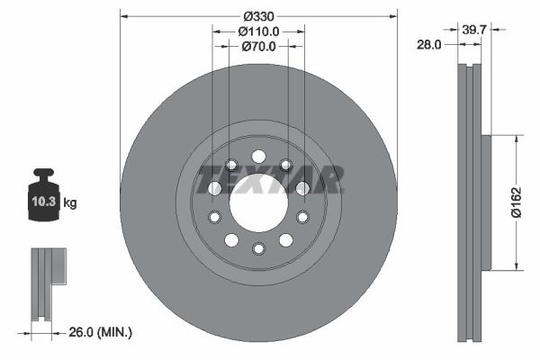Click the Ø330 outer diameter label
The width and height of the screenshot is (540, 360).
click(258, 15)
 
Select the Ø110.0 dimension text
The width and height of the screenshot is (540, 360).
click(258, 31)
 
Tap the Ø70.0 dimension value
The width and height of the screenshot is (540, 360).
click(258, 47)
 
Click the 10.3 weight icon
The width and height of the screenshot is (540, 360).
click(45, 201)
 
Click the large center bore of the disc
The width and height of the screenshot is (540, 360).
click(258, 202)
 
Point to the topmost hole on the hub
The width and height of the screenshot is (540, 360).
click(258, 156)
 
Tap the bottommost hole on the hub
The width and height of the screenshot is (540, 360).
click(258, 248)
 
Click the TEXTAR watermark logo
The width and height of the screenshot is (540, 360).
click(270, 180)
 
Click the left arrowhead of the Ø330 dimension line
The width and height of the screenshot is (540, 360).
click(123, 15)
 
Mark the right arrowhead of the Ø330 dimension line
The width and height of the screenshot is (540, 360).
click(393, 15)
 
